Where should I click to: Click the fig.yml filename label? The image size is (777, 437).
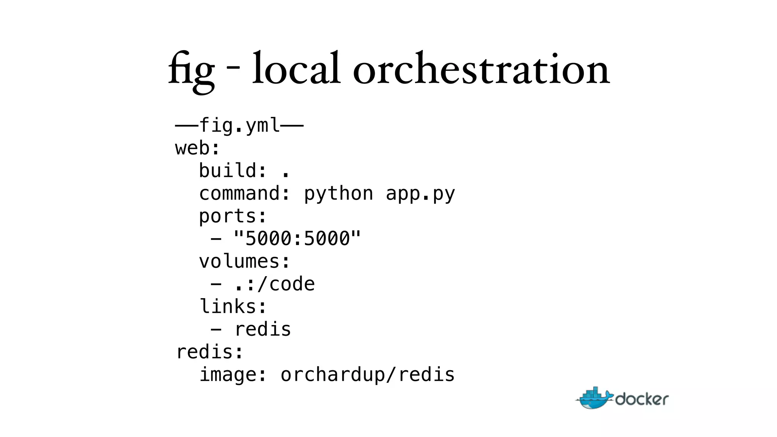coord(239,126)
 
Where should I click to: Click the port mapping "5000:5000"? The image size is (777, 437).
coord(297,239)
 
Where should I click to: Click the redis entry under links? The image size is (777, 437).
coord(263,329)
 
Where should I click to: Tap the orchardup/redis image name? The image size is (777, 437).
coord(367,375)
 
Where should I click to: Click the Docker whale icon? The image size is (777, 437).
coord(594,398)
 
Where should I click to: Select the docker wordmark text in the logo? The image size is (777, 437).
coord(642,399)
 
